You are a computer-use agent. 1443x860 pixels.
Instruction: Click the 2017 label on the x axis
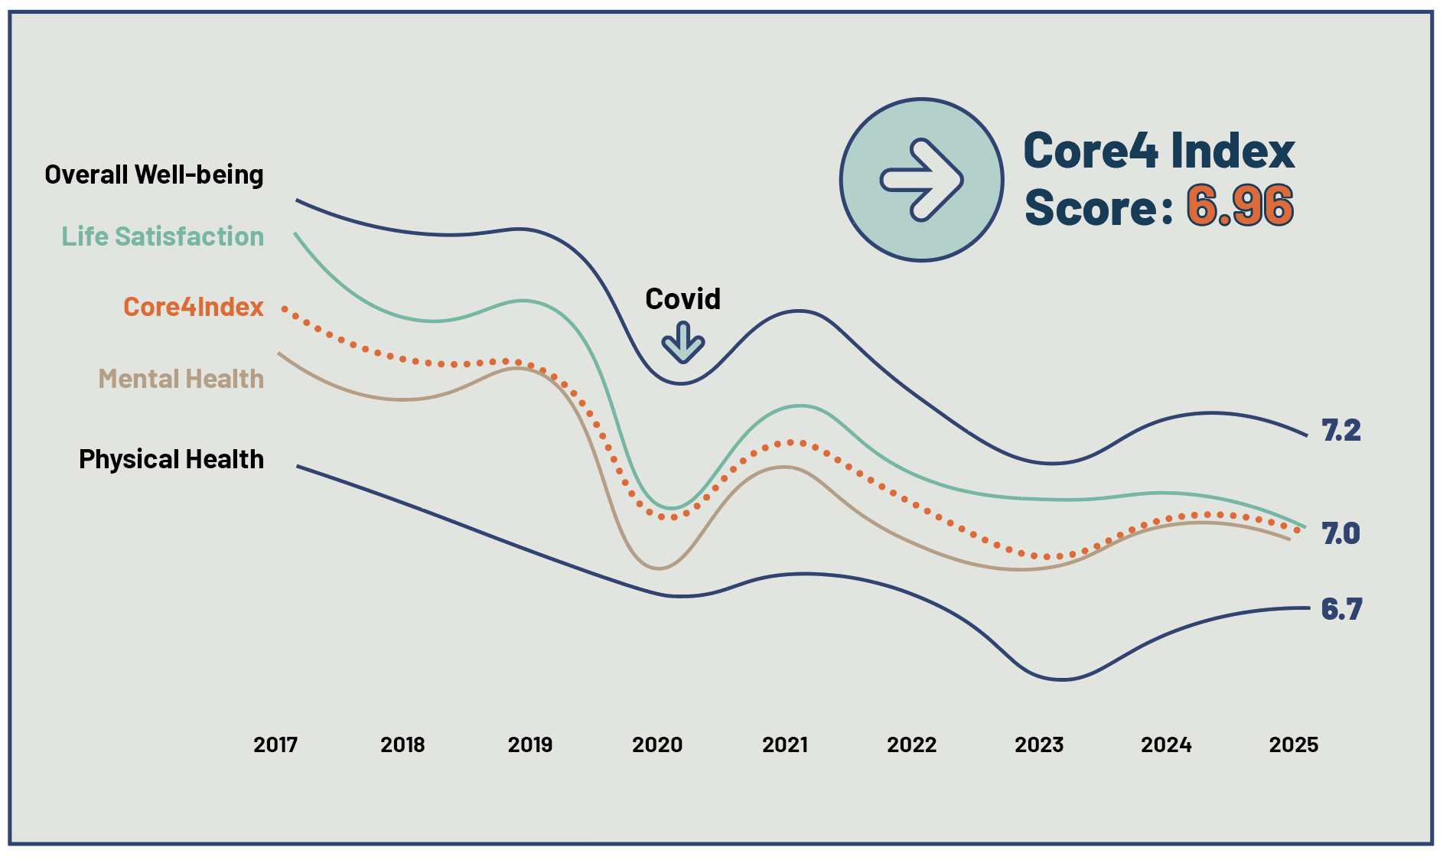[275, 744]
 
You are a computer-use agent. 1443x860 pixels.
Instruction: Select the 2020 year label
[657, 744]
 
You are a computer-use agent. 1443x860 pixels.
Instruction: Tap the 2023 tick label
[1039, 744]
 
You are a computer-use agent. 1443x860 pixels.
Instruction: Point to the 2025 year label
[1294, 744]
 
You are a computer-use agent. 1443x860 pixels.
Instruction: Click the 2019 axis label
[530, 744]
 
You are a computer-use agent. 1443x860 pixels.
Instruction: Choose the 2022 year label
[912, 744]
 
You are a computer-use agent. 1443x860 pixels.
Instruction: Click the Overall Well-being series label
[154, 174]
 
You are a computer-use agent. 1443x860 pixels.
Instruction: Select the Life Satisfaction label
[163, 236]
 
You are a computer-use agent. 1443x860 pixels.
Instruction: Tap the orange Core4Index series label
[194, 307]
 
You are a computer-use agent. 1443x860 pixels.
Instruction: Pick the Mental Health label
[181, 379]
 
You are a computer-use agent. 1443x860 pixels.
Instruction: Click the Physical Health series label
[171, 459]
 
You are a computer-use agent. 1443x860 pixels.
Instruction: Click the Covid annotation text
[683, 298]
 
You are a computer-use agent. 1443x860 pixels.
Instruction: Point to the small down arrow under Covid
[683, 342]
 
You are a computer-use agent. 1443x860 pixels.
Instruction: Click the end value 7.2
[1342, 430]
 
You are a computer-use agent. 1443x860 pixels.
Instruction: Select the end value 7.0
[1341, 533]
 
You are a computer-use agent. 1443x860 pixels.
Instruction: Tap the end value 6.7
[1342, 609]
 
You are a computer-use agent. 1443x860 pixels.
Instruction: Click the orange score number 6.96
[1240, 206]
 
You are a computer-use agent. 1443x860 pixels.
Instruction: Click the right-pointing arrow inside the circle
[922, 181]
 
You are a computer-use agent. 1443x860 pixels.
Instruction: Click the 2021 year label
[785, 744]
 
